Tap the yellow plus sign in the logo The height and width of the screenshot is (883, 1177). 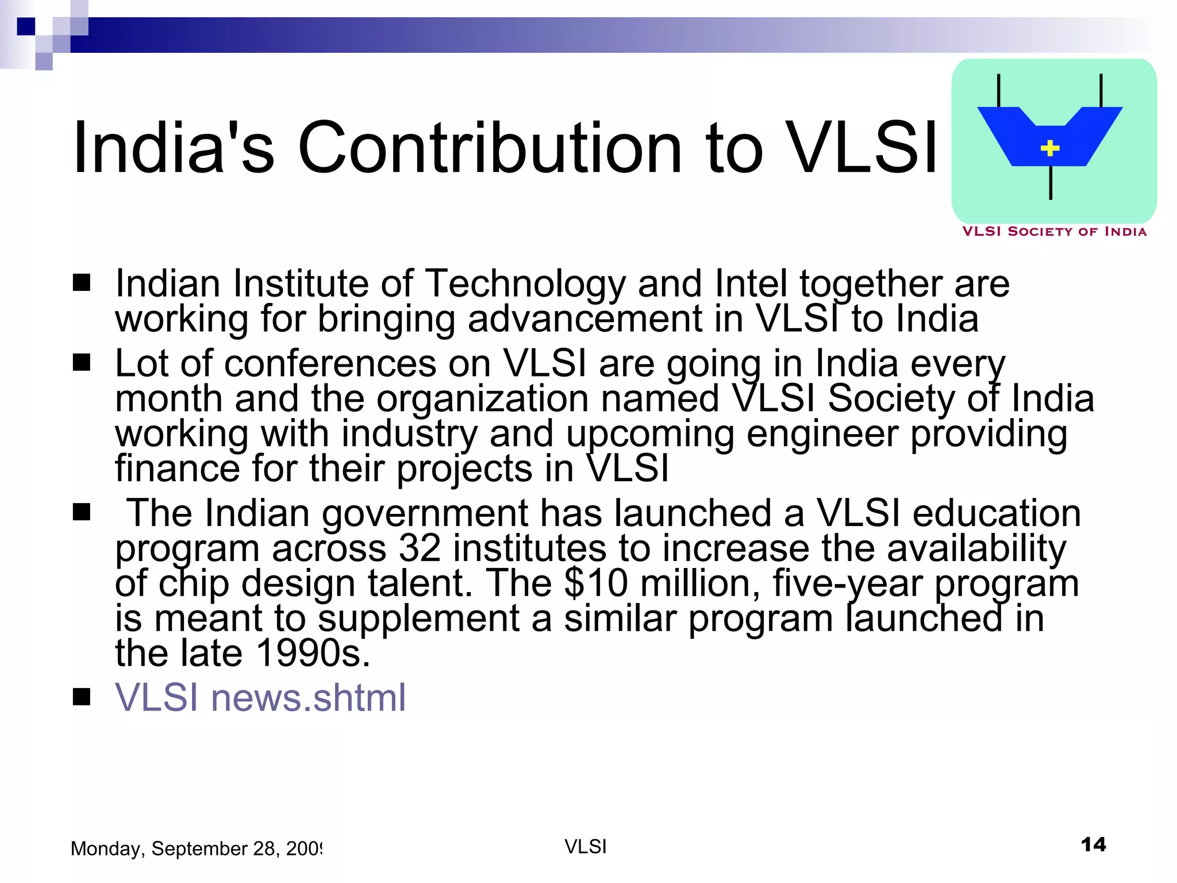point(1050,148)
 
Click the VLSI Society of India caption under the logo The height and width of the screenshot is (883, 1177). point(1054,232)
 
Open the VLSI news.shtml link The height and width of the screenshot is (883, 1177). point(260,697)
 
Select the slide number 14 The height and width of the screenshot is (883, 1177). point(1093,845)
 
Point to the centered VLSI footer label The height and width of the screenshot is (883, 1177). point(586,847)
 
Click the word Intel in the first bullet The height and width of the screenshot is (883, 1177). point(751,284)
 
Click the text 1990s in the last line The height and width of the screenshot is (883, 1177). point(313,653)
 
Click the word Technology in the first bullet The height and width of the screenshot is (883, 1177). point(525,284)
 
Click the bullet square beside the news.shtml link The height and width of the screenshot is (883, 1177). point(82,697)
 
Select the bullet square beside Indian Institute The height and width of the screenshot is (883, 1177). point(82,283)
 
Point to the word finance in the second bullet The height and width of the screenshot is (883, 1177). point(177,468)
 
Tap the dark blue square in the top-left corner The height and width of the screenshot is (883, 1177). point(26,26)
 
